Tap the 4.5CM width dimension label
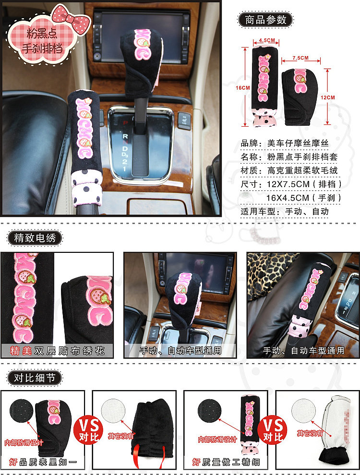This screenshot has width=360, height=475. point(267,40)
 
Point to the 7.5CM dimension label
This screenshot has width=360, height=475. point(300,58)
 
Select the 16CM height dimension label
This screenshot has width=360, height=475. point(243,87)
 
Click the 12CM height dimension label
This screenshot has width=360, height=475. point(328,97)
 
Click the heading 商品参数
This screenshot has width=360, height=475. point(265,20)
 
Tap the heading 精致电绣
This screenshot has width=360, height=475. point(35,238)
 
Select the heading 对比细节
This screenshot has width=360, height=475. point(35,378)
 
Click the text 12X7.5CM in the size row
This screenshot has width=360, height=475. point(288,184)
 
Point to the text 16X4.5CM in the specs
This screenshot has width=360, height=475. point(288,198)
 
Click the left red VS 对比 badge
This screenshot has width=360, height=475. point(89,430)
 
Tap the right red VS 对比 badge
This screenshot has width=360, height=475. point(273,430)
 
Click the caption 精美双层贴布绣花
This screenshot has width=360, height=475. point(57,351)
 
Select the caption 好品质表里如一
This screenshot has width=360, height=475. point(43,462)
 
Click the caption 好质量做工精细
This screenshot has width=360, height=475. point(226,462)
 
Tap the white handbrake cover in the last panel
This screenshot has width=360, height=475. point(333,431)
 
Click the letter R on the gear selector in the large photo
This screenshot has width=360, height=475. point(125,136)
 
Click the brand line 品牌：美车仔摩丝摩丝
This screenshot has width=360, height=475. point(285,143)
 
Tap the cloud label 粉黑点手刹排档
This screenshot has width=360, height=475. point(41,40)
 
